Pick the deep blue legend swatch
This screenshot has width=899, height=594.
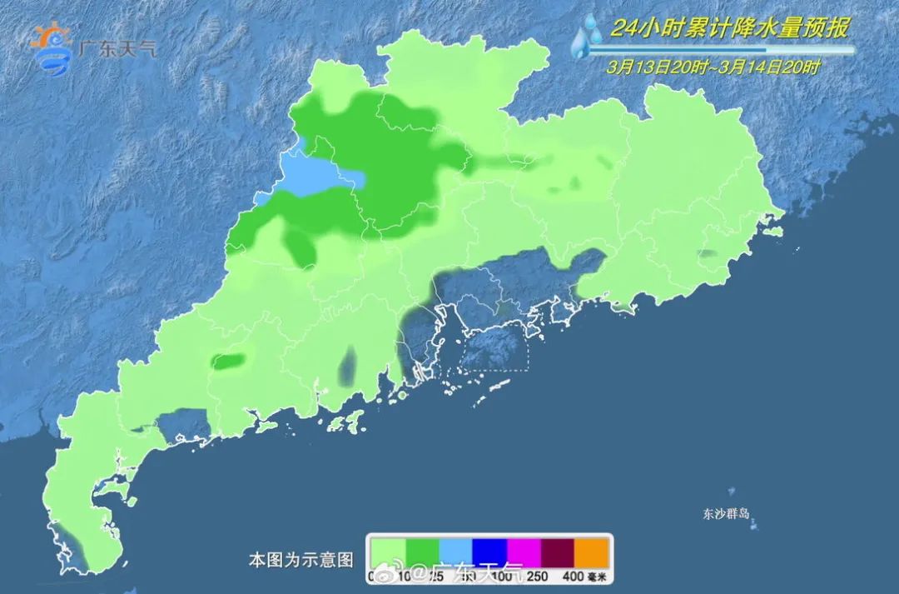[490, 551]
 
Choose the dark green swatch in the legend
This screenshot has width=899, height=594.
[422, 551]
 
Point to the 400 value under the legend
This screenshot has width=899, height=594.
[573, 576]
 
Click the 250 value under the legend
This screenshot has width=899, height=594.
[538, 576]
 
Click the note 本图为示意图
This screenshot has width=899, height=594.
[300, 557]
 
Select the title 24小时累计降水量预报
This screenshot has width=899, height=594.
[729, 29]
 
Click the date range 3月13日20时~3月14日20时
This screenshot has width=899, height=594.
[713, 67]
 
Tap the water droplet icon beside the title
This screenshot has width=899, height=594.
[588, 37]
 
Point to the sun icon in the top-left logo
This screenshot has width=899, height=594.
[51, 38]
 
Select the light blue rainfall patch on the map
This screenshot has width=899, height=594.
[320, 177]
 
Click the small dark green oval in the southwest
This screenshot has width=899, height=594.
[230, 362]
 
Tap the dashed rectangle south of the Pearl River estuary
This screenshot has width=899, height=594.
[494, 348]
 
